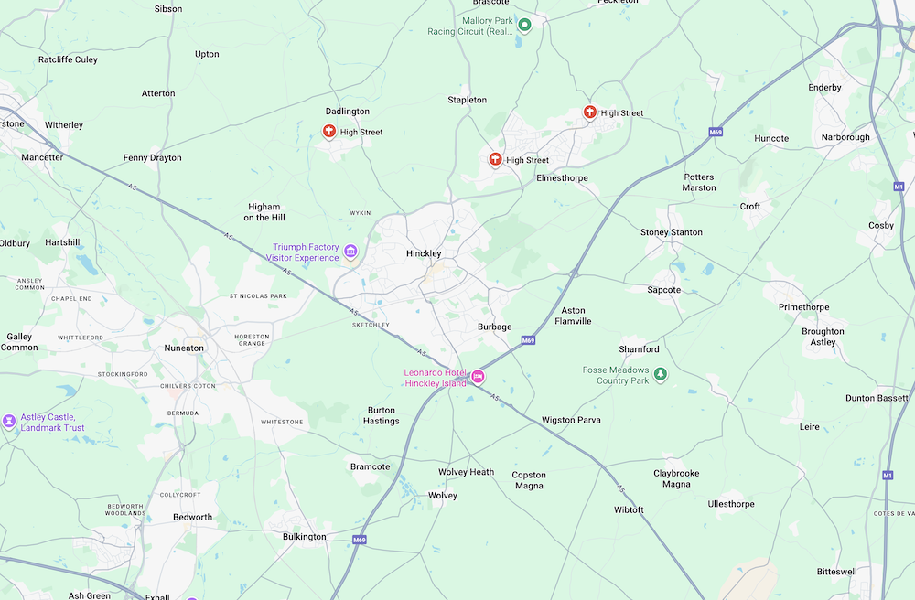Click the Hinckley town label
424,253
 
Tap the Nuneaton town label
184,348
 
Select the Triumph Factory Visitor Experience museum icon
350,252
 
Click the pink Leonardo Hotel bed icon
478,377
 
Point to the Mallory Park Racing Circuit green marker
524,25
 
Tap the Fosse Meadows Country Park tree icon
661,374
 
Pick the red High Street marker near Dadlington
329,132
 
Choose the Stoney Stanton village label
672,232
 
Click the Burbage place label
495,327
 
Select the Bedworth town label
192,517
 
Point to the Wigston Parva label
571,420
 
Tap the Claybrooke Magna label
676,478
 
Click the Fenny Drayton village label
153,157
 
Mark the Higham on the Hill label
264,212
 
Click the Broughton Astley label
823,337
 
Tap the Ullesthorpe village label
731,504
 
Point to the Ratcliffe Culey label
68,59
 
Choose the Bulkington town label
304,537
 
